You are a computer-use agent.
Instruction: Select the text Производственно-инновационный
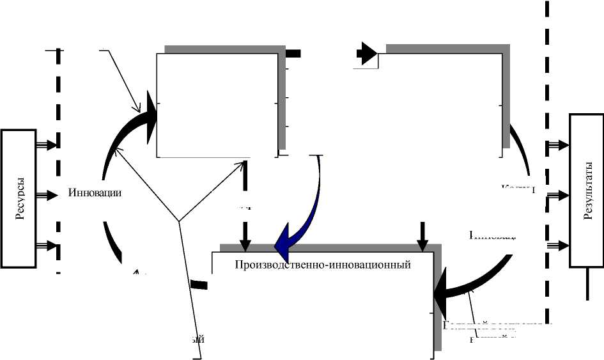coord(322,264)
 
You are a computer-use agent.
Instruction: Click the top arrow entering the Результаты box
coord(558,145)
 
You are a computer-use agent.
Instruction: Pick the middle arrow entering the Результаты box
coord(558,194)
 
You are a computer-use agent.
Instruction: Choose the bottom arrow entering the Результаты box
coord(558,244)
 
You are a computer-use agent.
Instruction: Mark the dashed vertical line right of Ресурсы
coord(58,160)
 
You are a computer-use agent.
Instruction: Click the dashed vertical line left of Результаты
coord(547,160)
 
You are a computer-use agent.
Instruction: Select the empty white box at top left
coord(217,104)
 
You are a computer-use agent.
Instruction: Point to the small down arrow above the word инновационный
coord(421,239)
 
